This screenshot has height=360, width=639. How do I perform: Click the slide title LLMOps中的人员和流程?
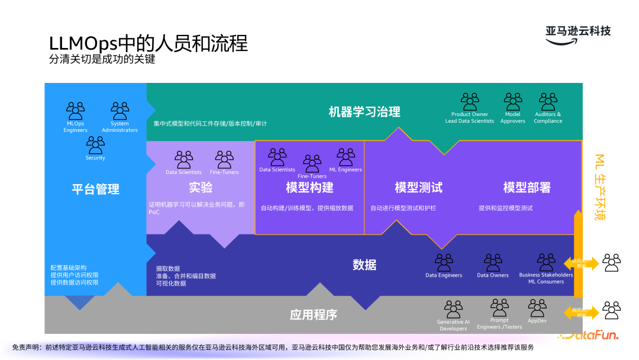tap(148, 43)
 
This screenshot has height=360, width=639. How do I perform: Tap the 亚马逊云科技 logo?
tap(577, 31)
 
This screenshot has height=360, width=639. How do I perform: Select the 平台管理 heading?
tap(95, 189)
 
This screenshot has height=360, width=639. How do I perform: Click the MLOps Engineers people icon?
tap(76, 111)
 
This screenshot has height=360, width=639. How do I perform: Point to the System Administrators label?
tap(120, 127)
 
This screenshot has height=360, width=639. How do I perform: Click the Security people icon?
tap(95, 144)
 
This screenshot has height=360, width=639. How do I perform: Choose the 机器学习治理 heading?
tap(364, 111)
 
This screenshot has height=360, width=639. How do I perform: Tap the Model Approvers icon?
tap(512, 101)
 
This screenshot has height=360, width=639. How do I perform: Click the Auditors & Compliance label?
tap(548, 118)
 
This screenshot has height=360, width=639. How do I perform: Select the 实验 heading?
tap(201, 187)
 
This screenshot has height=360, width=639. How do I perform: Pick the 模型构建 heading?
tap(309, 187)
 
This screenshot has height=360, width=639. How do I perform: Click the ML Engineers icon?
tap(346, 157)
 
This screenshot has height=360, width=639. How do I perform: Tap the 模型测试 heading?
tap(418, 187)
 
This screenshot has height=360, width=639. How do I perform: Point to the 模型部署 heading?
tap(527, 187)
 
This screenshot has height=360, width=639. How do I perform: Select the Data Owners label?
tap(493, 275)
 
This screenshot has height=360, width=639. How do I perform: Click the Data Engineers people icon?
tap(444, 262)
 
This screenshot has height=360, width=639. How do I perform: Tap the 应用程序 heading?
tap(314, 315)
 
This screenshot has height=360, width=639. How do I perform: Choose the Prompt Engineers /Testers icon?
tap(499, 308)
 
